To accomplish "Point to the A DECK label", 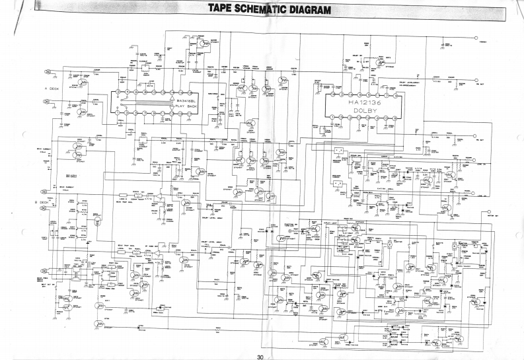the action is pyautogui.click(x=52, y=88).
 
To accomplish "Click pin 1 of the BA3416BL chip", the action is pyautogui.click(x=118, y=113).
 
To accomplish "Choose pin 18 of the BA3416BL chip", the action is pyautogui.click(x=118, y=92).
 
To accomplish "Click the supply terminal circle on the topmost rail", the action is pyautogui.click(x=477, y=38).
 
